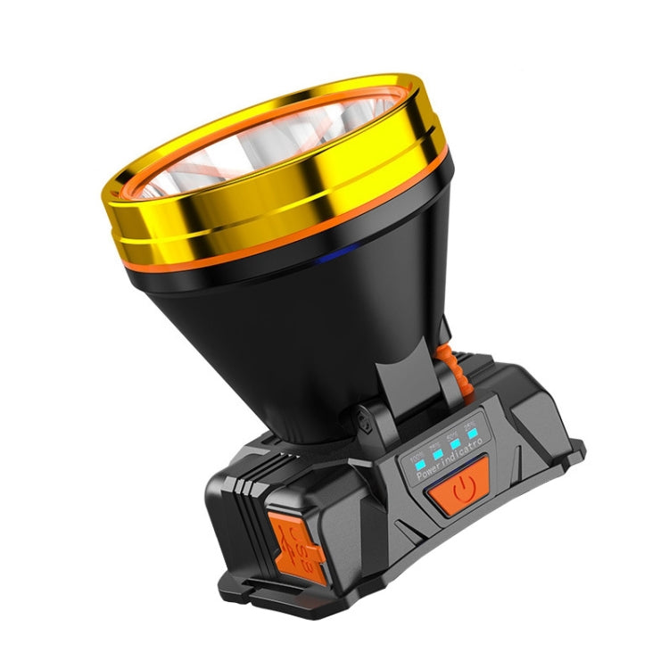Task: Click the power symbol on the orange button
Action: pos(460,489)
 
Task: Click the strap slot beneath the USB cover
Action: pos(294,596)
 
